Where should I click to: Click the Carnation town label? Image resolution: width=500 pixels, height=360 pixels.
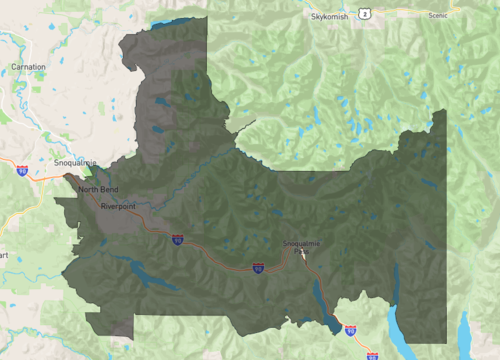pos(28,66)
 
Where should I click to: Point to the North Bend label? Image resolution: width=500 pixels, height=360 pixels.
pos(98,189)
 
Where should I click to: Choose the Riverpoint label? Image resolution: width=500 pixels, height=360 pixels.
pos(118,206)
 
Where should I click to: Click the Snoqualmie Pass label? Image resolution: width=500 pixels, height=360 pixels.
pos(302,243)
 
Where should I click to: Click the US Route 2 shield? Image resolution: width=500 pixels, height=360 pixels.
pos(366,13)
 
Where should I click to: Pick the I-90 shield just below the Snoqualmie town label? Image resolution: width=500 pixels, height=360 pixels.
pos(22,171)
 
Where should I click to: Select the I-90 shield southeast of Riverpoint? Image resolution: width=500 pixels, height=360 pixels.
pos(177,239)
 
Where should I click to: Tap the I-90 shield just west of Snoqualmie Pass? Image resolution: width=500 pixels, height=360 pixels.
pos(258,268)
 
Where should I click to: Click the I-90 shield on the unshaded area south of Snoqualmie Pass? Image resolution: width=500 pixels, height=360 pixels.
pos(350,328)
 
